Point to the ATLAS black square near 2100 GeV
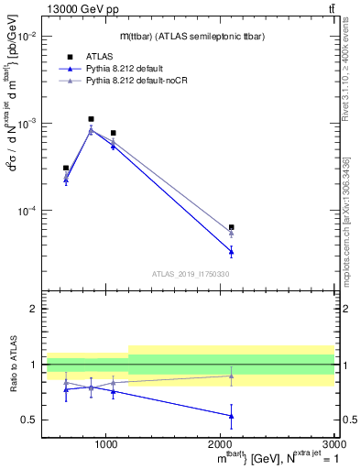231,227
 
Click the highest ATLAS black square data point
91,119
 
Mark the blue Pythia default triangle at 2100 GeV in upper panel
231,251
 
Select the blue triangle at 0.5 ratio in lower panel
231,416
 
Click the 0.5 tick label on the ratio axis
28,420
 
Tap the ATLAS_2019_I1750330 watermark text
190,274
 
